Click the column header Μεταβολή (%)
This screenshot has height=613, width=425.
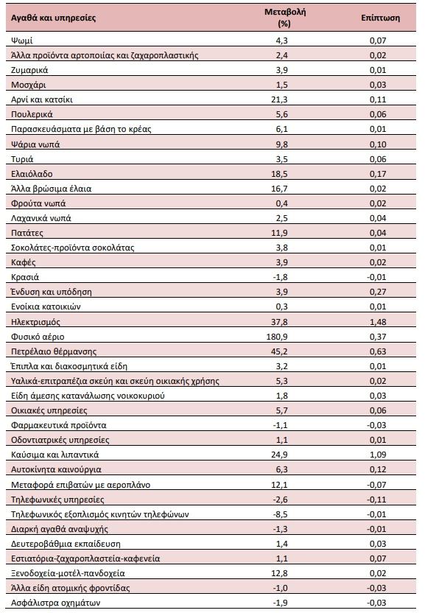click(x=284, y=18)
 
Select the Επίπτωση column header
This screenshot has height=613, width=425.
click(x=380, y=18)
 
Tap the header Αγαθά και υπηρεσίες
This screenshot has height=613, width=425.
click(x=53, y=18)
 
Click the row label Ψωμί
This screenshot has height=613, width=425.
click(x=22, y=41)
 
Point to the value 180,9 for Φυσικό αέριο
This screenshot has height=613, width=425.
click(x=277, y=337)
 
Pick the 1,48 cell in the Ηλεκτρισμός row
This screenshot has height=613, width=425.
click(x=378, y=322)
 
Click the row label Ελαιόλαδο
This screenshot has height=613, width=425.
click(x=32, y=174)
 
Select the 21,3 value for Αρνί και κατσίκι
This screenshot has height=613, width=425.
click(x=279, y=99)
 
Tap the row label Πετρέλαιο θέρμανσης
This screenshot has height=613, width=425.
click(x=54, y=351)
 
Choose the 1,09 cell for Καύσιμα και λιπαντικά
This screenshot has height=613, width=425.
click(x=378, y=455)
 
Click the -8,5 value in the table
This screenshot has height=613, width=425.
click(x=280, y=514)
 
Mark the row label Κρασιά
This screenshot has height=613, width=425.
click(x=25, y=277)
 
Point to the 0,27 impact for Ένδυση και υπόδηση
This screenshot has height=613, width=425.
click(x=378, y=292)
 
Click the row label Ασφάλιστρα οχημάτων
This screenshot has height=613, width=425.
click(x=55, y=603)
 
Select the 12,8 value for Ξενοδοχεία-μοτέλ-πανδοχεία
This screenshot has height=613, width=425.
click(x=279, y=573)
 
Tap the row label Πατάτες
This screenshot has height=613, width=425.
click(x=27, y=233)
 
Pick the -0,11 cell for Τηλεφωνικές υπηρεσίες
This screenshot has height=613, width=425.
click(x=376, y=500)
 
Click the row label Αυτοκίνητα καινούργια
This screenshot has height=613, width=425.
click(x=56, y=469)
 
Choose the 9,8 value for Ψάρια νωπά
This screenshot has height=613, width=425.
click(x=281, y=144)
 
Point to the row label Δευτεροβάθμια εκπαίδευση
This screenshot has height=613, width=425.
click(x=66, y=544)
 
